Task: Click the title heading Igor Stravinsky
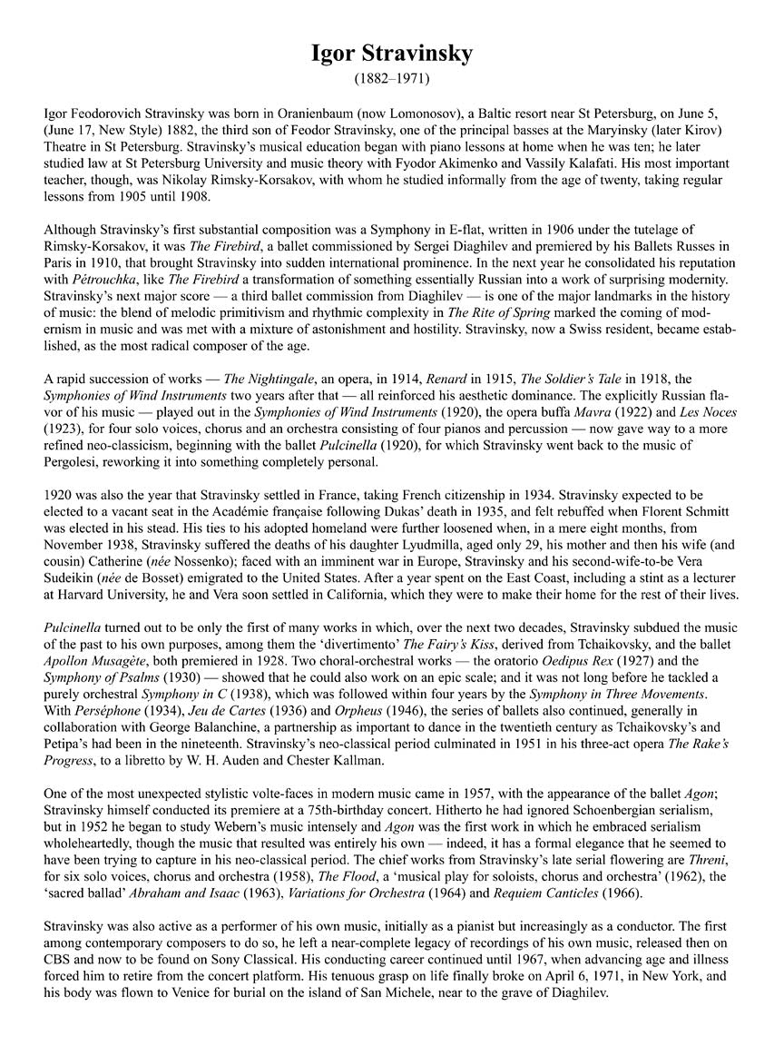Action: click(391, 54)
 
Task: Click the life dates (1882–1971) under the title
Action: click(391, 79)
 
